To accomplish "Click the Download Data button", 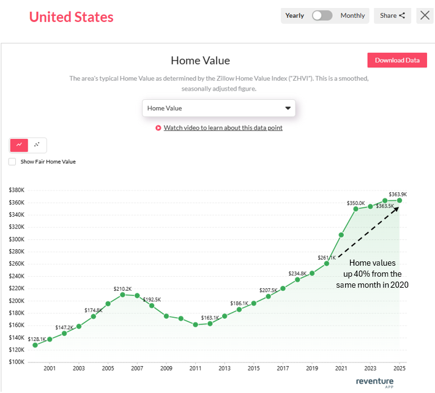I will click(x=397, y=60).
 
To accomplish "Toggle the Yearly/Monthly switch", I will click(x=322, y=15).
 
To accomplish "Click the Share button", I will click(x=392, y=15).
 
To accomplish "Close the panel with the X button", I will click(x=425, y=15).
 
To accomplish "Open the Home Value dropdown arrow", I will click(x=288, y=108).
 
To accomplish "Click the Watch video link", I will click(x=223, y=128).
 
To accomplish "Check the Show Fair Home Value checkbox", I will click(x=12, y=162).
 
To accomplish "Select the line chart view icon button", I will click(x=19, y=145).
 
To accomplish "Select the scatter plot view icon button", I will click(x=37, y=145).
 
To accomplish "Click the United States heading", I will click(x=72, y=17).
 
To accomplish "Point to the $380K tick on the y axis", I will click(x=17, y=190).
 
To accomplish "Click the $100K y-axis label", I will click(x=17, y=362).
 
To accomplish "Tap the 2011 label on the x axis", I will click(x=195, y=369).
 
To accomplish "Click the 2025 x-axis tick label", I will click(x=400, y=369).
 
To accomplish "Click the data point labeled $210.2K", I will click(x=122, y=294).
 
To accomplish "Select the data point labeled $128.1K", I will click(x=35, y=345).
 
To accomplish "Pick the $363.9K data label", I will click(x=398, y=194).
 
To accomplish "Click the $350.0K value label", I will click(x=355, y=203).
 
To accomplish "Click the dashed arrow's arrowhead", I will click(x=398, y=209).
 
